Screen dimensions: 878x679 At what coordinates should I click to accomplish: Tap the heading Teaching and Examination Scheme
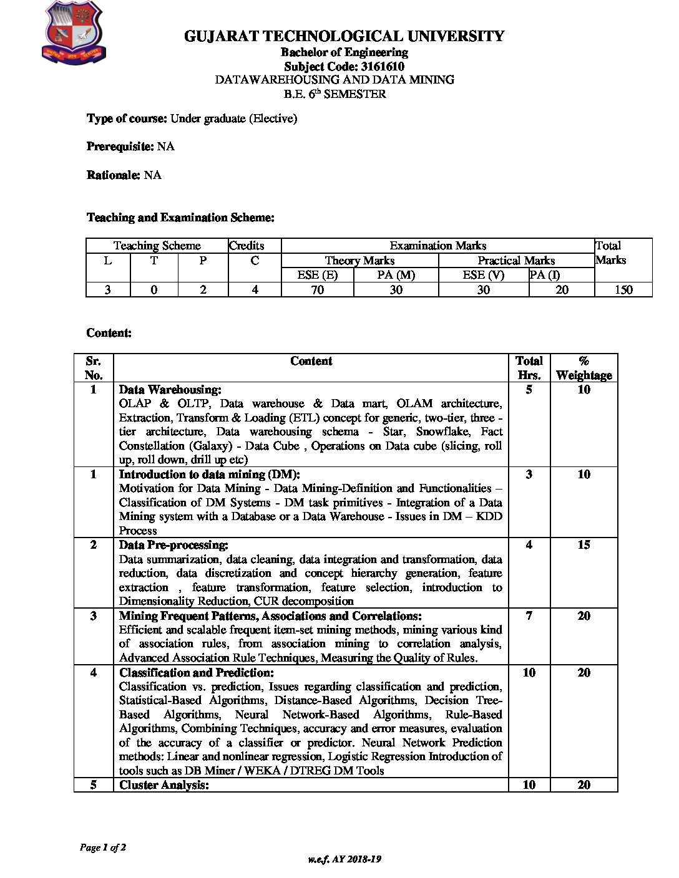click(x=180, y=218)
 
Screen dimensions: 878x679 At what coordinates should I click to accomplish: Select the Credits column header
click(x=247, y=246)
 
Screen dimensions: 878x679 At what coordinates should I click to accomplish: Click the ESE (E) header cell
click(x=318, y=275)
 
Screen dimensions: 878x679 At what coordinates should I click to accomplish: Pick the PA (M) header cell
click(x=396, y=275)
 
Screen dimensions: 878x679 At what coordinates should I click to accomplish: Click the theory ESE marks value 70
click(x=318, y=289)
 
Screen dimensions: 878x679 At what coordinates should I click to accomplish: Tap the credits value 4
click(x=255, y=289)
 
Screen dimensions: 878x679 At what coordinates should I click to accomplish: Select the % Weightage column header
click(x=584, y=368)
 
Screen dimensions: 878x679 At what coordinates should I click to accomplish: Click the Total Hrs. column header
click(x=529, y=368)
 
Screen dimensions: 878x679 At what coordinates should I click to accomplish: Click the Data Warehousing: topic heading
click(x=170, y=390)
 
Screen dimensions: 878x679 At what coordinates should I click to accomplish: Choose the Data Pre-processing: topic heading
click(x=173, y=545)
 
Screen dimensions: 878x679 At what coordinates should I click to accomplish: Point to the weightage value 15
click(x=584, y=545)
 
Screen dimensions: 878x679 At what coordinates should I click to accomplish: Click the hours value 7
click(x=529, y=616)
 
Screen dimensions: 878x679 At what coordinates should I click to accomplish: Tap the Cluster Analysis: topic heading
click(x=164, y=785)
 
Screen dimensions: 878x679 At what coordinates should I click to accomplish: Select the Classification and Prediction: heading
click(x=196, y=673)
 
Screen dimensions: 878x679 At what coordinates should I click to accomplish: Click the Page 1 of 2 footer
click(x=103, y=847)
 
